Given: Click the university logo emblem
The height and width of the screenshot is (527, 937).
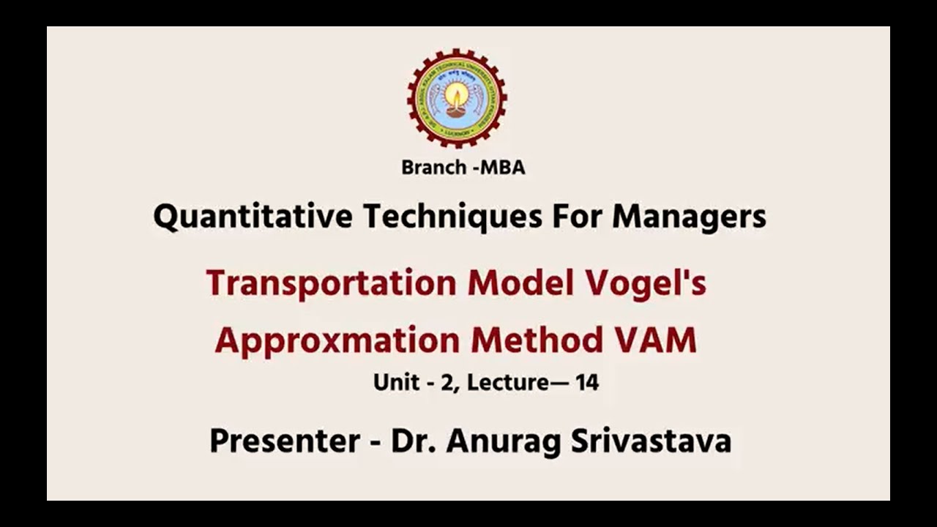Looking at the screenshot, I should point(457,98).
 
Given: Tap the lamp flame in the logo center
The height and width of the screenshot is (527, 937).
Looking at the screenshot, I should point(457,94).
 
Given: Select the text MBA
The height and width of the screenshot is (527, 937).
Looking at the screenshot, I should point(502,168).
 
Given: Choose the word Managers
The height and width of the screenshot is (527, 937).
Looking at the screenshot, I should point(689,217).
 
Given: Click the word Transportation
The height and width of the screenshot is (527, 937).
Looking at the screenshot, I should point(332,283).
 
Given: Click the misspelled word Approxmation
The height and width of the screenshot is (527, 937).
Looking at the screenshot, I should point(337,342).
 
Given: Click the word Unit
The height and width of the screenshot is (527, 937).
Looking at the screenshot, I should point(396,383).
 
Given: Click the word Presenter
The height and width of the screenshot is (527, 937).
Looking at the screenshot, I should point(284,441).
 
